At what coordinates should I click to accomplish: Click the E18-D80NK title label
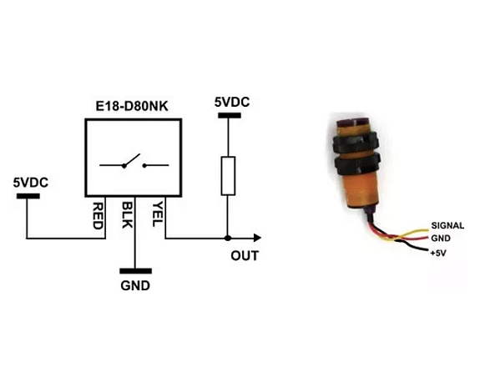coord(134,107)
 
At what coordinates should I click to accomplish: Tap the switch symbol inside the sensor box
coord(134,164)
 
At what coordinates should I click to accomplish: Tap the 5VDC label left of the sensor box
coord(30,182)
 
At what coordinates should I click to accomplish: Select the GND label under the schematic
coord(134,286)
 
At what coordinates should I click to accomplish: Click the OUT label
coord(245,256)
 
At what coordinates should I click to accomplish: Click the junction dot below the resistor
coord(227,239)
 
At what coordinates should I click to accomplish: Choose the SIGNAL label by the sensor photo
coord(447,226)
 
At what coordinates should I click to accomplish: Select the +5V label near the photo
coord(439,251)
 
